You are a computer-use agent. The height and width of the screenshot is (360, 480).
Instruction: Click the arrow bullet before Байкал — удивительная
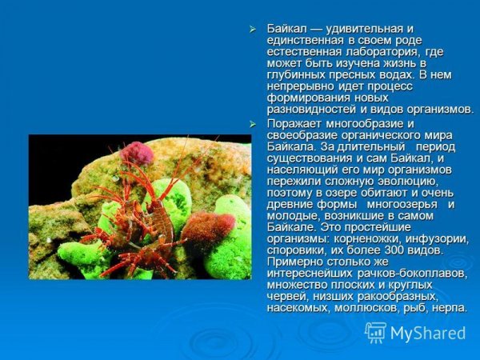tap(254, 29)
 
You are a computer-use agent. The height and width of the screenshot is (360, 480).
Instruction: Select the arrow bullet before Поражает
tap(254, 124)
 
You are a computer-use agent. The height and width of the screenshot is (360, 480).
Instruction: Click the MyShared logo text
tap(428, 332)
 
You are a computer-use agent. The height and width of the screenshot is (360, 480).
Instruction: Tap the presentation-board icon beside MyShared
tap(375, 332)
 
